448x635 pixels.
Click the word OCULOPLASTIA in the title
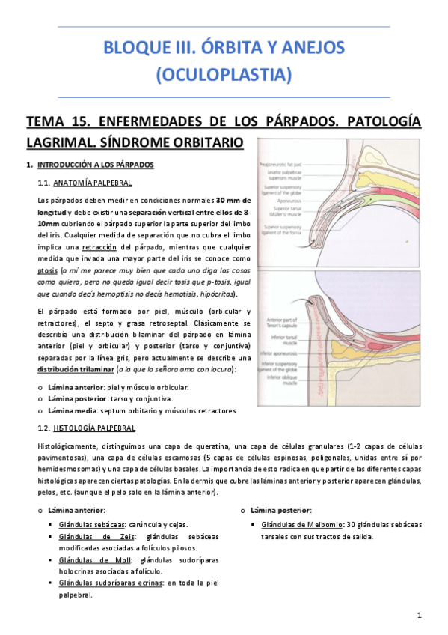click(224, 75)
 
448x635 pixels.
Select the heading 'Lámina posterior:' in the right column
click(281, 511)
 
